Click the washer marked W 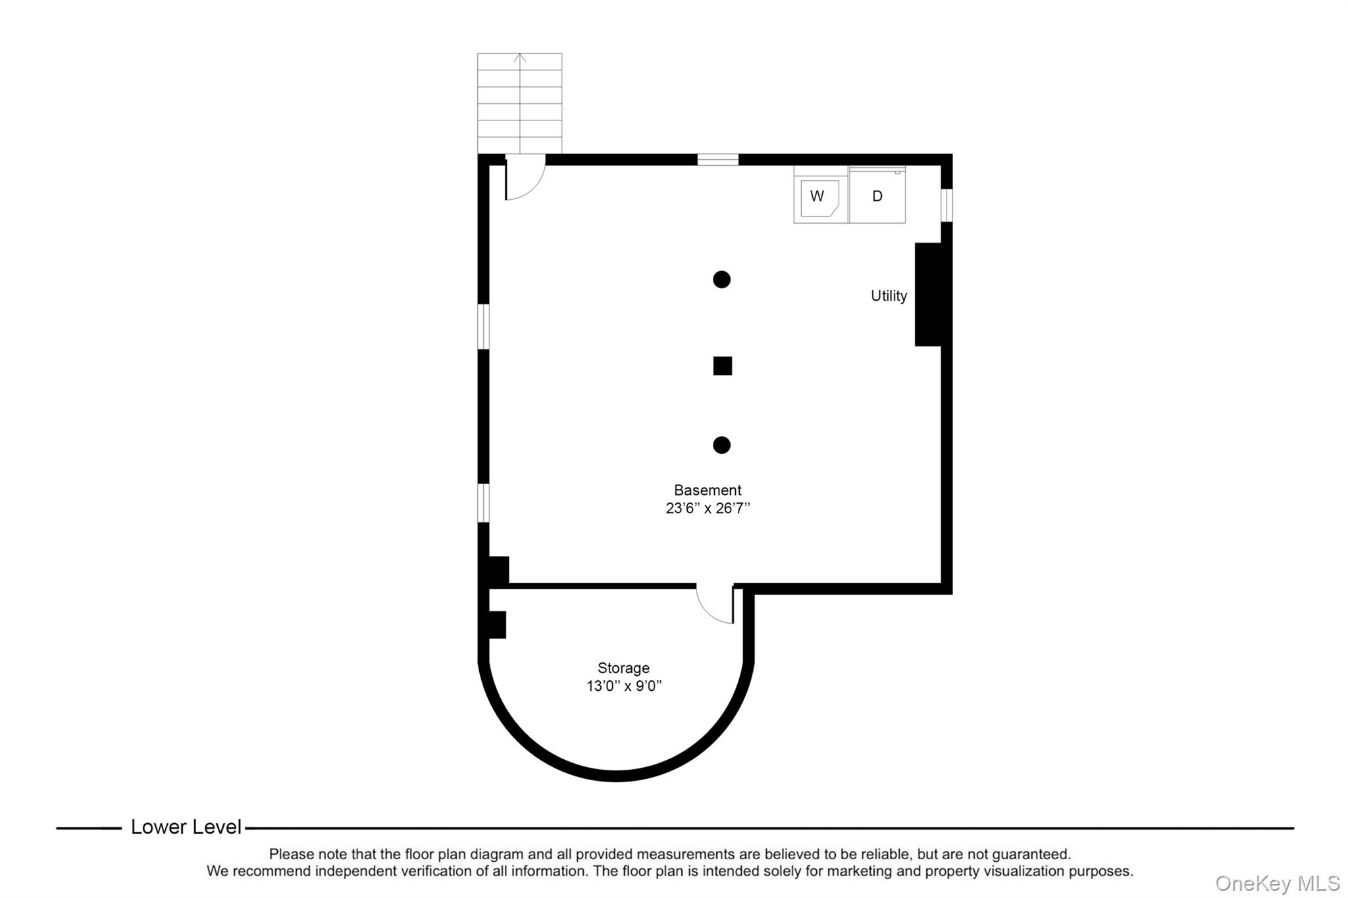point(819,196)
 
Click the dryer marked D point(877,196)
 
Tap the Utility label point(889,296)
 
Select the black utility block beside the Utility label point(928,294)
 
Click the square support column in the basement point(722,366)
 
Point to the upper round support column point(721,280)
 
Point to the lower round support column point(721,445)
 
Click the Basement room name point(708,490)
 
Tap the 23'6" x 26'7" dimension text point(708,508)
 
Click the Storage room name point(623,668)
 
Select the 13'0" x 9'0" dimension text point(623,686)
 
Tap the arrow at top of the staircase point(520,58)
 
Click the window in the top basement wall point(717,159)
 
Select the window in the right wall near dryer point(946,205)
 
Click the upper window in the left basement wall point(483,326)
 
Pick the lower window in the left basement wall point(483,503)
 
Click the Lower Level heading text point(186,827)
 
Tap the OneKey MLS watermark point(1277,883)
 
